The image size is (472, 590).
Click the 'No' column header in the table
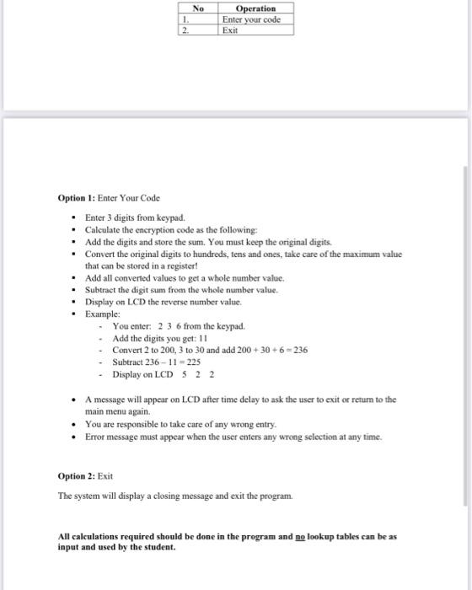pyautogui.click(x=198, y=8)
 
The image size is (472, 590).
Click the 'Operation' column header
pyautogui.click(x=255, y=8)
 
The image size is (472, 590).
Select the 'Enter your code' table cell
pyautogui.click(x=251, y=19)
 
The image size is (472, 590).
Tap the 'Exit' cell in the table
pyautogui.click(x=230, y=29)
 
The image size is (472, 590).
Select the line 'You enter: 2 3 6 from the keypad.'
pyautogui.click(x=178, y=325)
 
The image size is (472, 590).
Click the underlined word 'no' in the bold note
pyautogui.click(x=311, y=536)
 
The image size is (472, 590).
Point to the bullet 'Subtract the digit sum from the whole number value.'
pyautogui.click(x=180, y=289)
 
